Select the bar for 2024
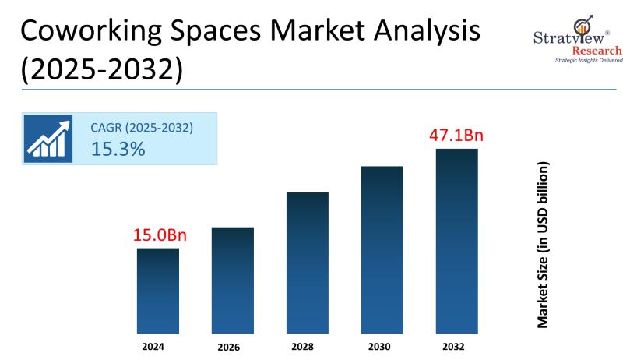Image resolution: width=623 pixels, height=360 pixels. click(x=158, y=291)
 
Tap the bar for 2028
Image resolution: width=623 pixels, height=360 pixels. click(x=308, y=263)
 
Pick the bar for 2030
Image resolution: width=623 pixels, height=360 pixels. click(x=382, y=249)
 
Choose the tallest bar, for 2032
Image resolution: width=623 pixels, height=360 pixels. click(x=456, y=241)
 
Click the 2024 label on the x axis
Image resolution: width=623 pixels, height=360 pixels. click(x=158, y=345)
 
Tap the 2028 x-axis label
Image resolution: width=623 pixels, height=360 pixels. click(x=308, y=345)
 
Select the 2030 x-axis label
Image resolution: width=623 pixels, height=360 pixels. click(x=382, y=345)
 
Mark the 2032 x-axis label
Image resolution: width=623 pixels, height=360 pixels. click(x=456, y=345)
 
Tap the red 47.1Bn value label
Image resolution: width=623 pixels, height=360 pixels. click(x=456, y=136)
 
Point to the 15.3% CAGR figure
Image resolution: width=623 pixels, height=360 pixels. click(x=118, y=149)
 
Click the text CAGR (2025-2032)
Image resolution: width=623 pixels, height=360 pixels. click(x=143, y=126)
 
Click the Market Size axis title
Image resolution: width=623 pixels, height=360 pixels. click(x=543, y=245)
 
